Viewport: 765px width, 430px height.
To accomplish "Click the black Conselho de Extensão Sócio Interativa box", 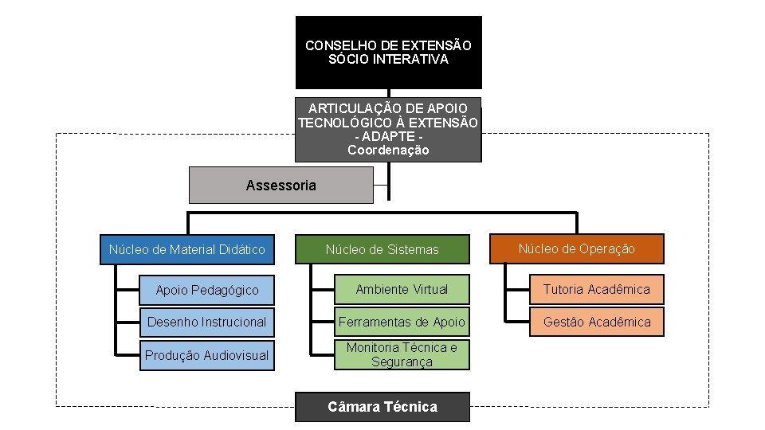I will (x=388, y=53).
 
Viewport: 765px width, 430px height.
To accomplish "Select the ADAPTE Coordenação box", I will (x=388, y=129).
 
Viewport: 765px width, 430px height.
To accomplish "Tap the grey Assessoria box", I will (x=280, y=186).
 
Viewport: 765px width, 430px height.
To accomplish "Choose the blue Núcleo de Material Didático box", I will (x=186, y=249).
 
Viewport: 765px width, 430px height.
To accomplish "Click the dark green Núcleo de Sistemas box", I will (x=382, y=249).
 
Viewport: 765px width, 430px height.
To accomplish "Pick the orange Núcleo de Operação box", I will (x=576, y=248).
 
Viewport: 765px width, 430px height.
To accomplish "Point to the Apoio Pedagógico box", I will (x=206, y=290).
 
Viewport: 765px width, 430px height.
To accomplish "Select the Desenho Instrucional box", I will (x=206, y=322).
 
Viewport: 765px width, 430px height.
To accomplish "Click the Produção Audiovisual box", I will (x=206, y=355).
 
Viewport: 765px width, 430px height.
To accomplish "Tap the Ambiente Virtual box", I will (x=402, y=289).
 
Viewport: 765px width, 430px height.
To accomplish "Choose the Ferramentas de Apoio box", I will (x=402, y=322).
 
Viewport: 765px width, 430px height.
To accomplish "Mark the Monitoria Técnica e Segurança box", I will (x=402, y=354).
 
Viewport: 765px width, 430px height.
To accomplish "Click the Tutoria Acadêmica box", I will (x=597, y=289).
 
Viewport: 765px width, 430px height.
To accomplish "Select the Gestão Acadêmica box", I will (x=597, y=322).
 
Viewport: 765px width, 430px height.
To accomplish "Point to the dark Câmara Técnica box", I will (x=382, y=407).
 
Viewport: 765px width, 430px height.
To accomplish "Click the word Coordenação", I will (x=388, y=150).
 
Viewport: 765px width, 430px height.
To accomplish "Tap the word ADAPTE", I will (x=388, y=136).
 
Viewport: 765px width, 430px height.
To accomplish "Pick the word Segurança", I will (x=402, y=362).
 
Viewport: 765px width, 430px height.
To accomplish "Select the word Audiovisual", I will (x=236, y=355).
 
